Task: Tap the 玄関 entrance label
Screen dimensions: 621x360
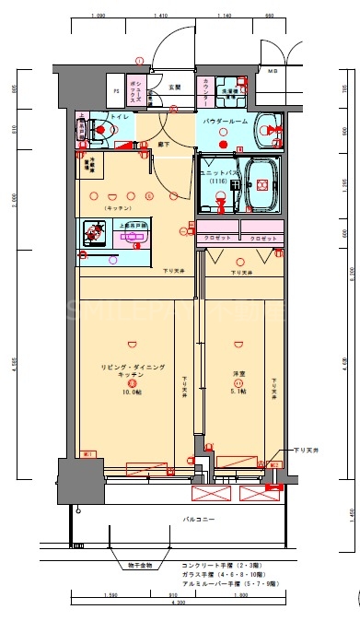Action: [175, 88]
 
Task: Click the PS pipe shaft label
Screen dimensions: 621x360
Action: [116, 91]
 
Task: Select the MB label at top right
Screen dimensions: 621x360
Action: [272, 71]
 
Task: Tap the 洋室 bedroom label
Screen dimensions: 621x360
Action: [238, 373]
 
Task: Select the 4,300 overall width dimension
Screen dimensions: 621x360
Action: [178, 602]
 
